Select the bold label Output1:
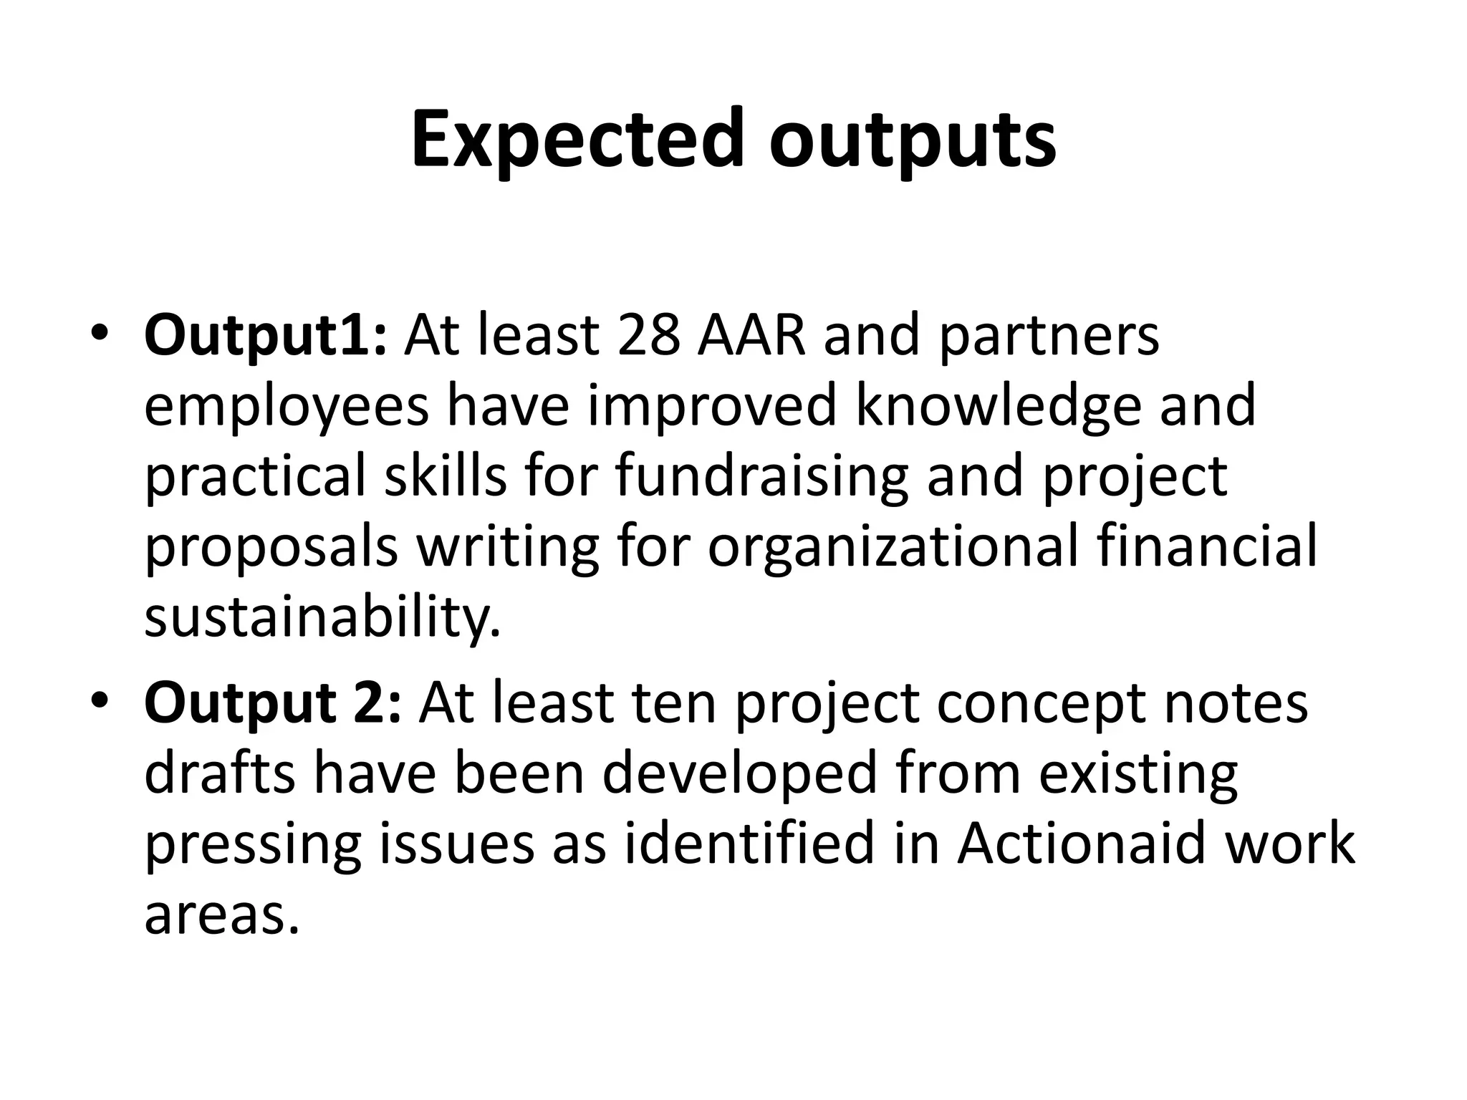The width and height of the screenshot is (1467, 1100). pos(266,335)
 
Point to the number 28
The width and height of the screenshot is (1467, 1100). pos(648,335)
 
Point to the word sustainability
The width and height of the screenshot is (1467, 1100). pos(322,617)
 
